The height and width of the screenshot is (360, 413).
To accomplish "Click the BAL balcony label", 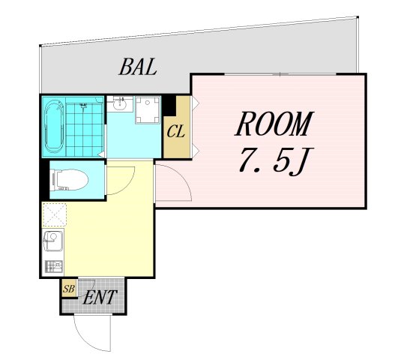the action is click(x=138, y=67).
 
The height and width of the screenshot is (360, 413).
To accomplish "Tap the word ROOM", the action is click(x=274, y=124).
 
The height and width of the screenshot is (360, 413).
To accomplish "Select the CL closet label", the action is click(x=175, y=131).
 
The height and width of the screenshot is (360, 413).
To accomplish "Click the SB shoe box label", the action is click(x=69, y=289).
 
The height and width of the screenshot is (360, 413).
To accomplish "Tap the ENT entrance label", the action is click(x=100, y=298).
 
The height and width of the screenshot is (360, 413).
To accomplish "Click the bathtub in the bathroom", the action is click(x=54, y=127).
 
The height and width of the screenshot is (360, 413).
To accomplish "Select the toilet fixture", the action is click(x=70, y=180).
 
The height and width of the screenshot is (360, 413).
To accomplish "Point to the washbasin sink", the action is click(x=120, y=103).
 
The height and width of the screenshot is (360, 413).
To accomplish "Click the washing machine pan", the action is click(x=148, y=110).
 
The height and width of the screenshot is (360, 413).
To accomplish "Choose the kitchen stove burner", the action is click(x=54, y=266).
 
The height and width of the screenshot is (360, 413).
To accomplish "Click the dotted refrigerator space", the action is click(x=54, y=215).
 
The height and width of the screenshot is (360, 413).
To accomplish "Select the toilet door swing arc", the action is click(x=127, y=184).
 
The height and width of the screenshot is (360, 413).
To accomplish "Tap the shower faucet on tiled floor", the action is click(x=83, y=106).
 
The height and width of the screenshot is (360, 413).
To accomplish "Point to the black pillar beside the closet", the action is click(x=169, y=106).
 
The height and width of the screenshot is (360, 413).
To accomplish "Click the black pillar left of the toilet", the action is click(x=45, y=179).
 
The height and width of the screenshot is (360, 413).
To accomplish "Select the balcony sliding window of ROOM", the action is click(x=280, y=74).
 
